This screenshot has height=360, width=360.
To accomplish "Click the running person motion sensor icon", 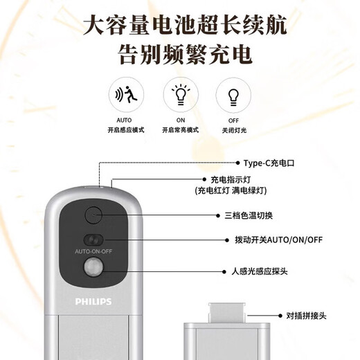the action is pyautogui.click(x=126, y=94).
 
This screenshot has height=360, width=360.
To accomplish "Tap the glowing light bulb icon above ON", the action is pyautogui.click(x=181, y=95).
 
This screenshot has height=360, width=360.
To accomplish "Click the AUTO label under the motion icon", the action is pyautogui.click(x=124, y=120).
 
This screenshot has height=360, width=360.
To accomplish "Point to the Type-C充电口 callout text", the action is pyautogui.click(x=269, y=163).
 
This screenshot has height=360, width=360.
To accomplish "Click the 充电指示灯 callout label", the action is pyautogui.click(x=231, y=179).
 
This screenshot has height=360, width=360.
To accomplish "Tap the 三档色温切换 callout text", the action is pyautogui.click(x=249, y=216).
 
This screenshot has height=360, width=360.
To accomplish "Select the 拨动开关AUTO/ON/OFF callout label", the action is pyautogui.click(x=278, y=240).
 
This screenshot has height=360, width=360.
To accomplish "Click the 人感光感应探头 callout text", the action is pyautogui.click(x=260, y=271).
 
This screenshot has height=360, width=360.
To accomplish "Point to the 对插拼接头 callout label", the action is pyautogui.click(x=306, y=316).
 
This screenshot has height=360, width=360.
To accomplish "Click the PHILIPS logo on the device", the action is pyautogui.click(x=93, y=302).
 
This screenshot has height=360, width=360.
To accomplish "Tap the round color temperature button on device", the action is pyautogui.click(x=93, y=215).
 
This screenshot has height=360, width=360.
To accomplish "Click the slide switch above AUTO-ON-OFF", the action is pyautogui.click(x=93, y=240).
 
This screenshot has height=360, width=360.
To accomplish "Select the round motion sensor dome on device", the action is pyautogui.click(x=93, y=267).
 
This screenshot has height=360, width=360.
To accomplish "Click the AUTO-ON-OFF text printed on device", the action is pyautogui.click(x=93, y=251).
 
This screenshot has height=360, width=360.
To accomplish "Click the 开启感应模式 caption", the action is pyautogui.click(x=126, y=130).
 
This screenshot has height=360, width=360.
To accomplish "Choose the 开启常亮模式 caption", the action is pyautogui.click(x=181, y=130).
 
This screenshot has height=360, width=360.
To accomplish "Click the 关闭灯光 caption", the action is pyautogui.click(x=234, y=130).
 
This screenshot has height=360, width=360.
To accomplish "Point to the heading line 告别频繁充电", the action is pyautogui.click(x=185, y=55).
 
